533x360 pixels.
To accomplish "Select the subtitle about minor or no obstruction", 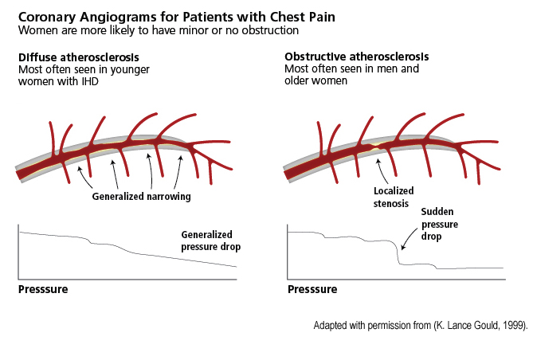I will click(159, 30).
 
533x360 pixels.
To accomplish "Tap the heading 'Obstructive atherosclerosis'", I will click(356, 57).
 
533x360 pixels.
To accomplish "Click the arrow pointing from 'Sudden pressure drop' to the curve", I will click(408, 234).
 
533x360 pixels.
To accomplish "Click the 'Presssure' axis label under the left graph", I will click(43, 289).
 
